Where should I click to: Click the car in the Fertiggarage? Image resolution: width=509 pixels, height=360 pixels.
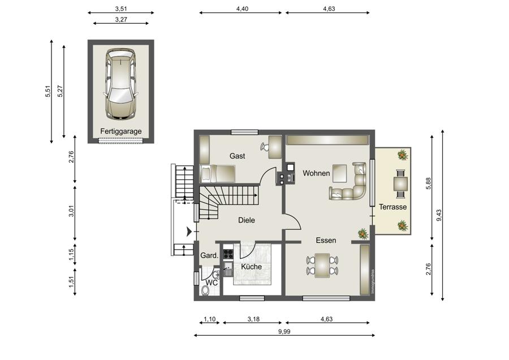[120, 83]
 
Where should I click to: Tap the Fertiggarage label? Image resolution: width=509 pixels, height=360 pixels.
[121, 131]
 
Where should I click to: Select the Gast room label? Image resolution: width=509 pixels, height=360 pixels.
[238, 156]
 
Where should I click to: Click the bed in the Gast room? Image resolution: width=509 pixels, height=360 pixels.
[217, 173]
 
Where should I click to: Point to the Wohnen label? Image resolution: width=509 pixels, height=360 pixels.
[316, 173]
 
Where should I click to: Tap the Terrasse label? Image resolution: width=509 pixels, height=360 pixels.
[393, 207]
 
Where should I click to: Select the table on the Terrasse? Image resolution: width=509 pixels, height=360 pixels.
[400, 184]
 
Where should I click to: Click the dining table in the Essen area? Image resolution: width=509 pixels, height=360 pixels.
[322, 265]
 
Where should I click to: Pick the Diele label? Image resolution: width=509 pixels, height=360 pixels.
[247, 220]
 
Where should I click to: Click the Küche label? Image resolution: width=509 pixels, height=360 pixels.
[251, 267]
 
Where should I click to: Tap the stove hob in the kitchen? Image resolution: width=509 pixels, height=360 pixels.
[228, 254]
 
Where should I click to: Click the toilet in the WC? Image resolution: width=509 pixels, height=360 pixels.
[205, 290]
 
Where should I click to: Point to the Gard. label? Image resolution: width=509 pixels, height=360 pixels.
[209, 256]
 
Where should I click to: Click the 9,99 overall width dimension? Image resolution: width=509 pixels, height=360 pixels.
[284, 332]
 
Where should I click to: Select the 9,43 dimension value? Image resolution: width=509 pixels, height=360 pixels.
[439, 215]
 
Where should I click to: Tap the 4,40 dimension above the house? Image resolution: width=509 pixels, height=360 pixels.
[242, 8]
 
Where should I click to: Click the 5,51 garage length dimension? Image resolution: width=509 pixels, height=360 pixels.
[48, 91]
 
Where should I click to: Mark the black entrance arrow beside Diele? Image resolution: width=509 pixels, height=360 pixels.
[189, 232]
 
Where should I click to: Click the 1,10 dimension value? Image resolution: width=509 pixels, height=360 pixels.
[210, 319]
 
